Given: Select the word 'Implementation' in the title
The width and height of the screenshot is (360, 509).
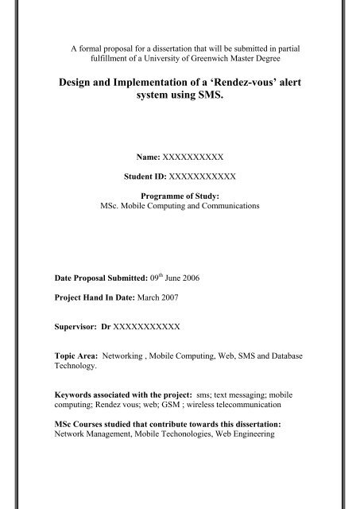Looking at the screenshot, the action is point(145,83).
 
